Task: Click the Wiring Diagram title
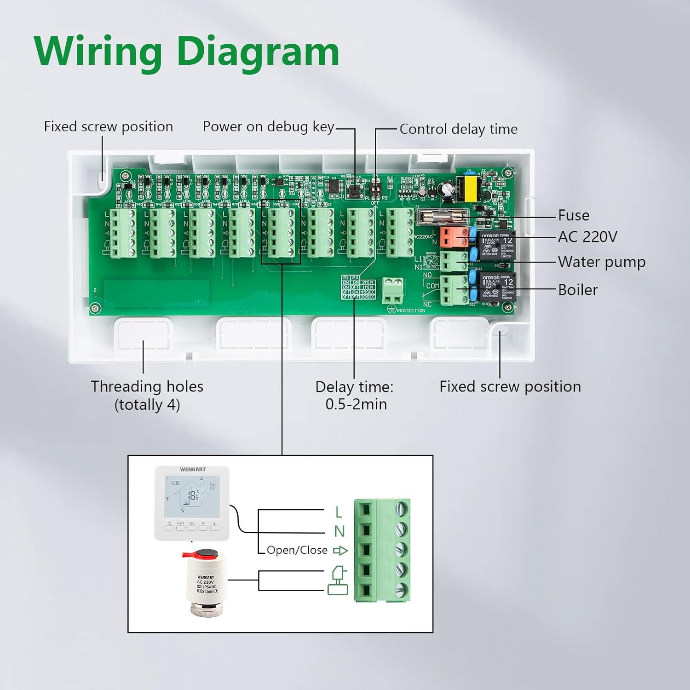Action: click(186, 52)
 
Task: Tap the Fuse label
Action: click(573, 215)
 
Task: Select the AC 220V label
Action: click(587, 237)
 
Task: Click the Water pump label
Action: click(601, 262)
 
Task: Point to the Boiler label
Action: click(577, 290)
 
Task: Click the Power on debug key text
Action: click(268, 126)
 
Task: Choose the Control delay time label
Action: click(458, 129)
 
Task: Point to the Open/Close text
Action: click(297, 550)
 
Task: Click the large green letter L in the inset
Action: click(339, 512)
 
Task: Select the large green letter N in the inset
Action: click(339, 531)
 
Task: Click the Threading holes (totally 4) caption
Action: click(147, 395)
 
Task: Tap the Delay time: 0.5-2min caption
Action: click(355, 395)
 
